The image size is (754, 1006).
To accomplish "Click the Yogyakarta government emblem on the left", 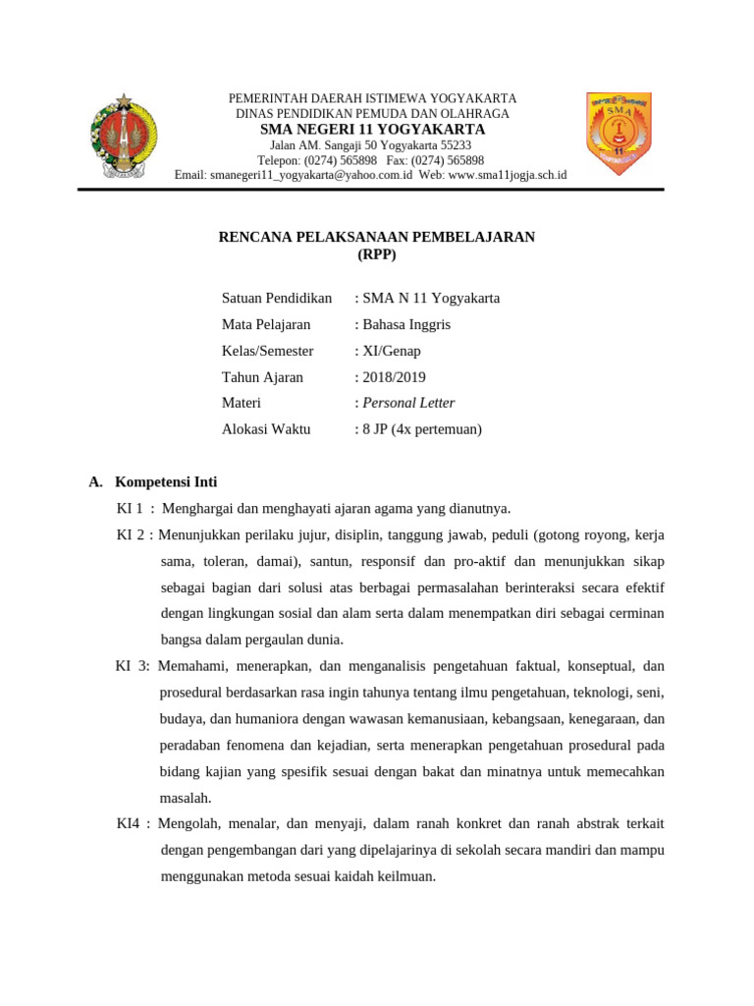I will [123, 137].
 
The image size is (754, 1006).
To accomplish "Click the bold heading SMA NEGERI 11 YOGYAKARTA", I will [372, 130].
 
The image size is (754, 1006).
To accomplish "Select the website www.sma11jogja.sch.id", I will [508, 175].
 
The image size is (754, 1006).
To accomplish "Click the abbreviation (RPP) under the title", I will [376, 254].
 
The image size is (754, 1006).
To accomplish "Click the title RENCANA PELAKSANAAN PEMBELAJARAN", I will [376, 237].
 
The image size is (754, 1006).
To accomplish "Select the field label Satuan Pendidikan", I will [277, 298].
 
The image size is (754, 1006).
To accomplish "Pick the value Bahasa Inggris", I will [406, 324].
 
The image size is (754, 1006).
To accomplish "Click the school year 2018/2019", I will [394, 377].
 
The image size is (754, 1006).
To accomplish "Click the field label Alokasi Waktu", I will [266, 429].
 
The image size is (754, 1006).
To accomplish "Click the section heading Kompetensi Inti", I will [166, 481].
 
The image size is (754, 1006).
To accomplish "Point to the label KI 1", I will [130, 508].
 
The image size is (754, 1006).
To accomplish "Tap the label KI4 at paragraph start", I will [130, 823].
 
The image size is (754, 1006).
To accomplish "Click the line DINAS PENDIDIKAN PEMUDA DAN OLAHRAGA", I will [372, 114].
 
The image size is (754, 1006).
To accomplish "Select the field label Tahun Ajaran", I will [262, 377].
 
